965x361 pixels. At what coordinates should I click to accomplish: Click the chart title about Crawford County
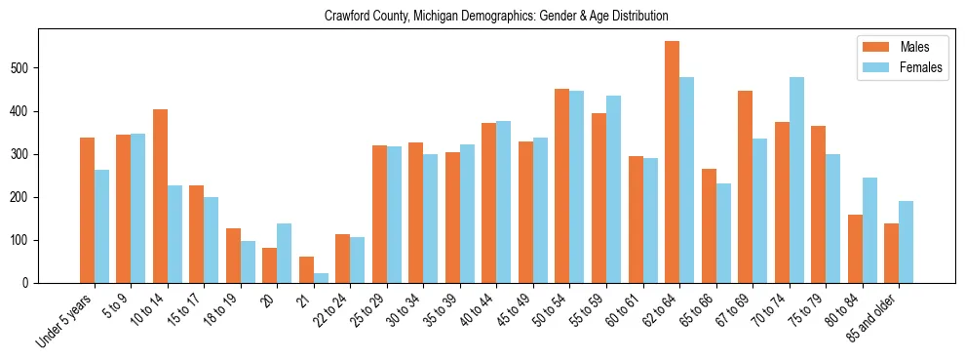pos(482,17)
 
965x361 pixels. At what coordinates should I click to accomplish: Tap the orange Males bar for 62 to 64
pos(672,162)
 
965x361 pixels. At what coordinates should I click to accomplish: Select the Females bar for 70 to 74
pos(796,180)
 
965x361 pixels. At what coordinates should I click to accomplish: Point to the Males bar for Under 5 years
pos(87,211)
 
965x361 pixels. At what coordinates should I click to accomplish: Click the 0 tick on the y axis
pos(32,283)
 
